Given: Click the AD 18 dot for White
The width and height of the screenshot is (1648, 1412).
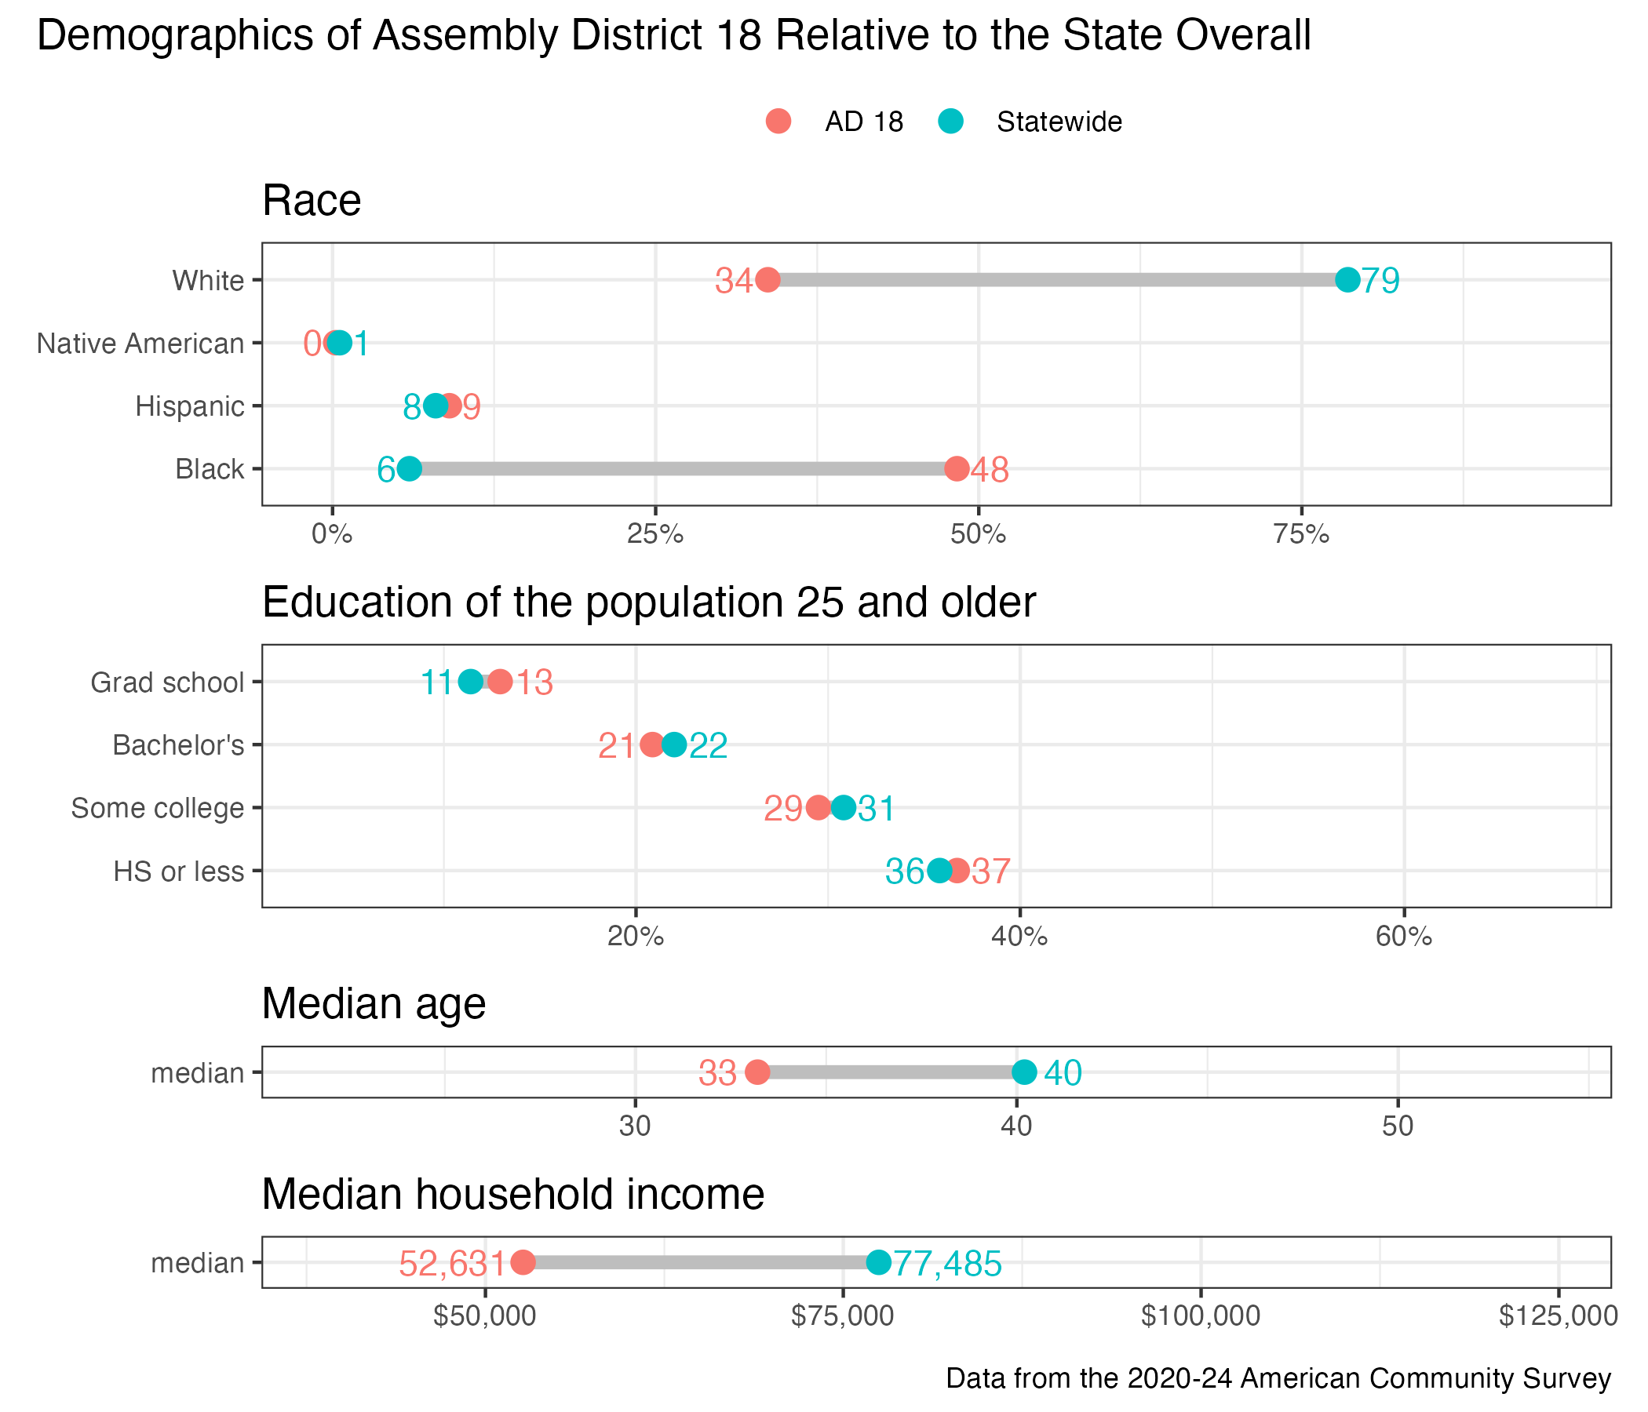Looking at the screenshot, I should coord(767,280).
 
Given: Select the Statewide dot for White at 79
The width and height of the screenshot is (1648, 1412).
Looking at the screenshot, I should coord(1347,280).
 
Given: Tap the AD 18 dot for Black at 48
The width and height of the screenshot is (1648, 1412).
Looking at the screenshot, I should coord(957,469).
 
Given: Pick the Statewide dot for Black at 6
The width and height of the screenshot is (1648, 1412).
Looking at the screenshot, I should coord(409,469).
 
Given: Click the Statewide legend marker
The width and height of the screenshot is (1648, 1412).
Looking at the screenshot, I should coord(951,122).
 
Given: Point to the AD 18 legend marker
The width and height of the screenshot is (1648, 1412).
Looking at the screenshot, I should coord(778,122).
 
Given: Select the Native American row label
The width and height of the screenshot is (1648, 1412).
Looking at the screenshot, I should coord(140,344).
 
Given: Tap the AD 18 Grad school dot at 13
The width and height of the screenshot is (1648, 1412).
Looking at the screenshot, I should coord(499,682).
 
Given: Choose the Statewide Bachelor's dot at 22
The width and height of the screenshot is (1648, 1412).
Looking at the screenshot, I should coord(673,745).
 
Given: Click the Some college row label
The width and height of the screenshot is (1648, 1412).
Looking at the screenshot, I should coord(158,809).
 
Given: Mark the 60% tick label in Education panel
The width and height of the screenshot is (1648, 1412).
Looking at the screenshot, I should coord(1404,937).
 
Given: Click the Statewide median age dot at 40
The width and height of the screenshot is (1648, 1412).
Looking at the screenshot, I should coord(1024,1072).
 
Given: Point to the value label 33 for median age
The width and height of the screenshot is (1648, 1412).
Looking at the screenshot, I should coord(717,1073).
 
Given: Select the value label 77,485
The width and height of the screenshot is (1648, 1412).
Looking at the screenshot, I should coord(947,1263).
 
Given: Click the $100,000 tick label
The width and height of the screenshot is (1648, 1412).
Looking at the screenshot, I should coord(1200,1316).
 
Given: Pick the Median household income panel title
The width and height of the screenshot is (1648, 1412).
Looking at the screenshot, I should coord(513,1194).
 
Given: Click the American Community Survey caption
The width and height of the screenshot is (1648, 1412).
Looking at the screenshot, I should coord(1278,1378).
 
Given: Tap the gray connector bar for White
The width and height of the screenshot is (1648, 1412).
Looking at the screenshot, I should coord(1058,280).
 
